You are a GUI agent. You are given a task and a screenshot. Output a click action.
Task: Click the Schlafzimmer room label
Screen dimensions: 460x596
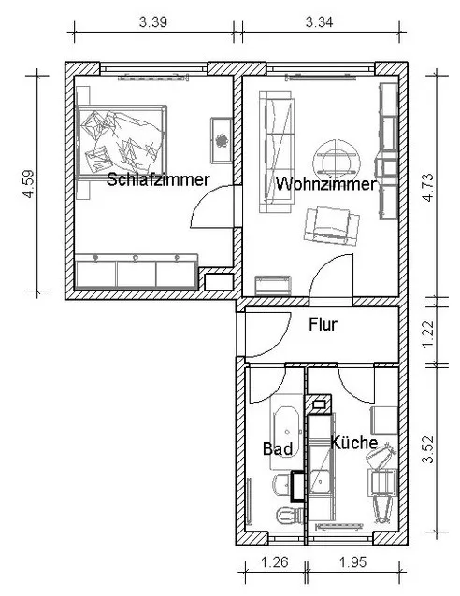point(158,179)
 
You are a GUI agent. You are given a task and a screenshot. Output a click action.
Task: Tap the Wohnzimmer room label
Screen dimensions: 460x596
point(326,184)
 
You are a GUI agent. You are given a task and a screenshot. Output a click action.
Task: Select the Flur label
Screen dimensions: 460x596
point(323,324)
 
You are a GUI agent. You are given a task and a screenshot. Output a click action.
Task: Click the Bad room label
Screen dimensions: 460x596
point(278,449)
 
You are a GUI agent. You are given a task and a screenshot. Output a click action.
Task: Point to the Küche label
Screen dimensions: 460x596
point(353,443)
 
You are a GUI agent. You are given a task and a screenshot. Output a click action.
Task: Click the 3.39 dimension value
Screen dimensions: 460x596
point(153,22)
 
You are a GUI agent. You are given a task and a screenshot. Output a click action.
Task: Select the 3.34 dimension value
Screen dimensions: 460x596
point(319,22)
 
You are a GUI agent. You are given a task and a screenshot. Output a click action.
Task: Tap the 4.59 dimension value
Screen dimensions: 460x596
point(29,184)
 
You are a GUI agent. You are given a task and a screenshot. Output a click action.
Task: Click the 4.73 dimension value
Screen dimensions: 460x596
point(427,187)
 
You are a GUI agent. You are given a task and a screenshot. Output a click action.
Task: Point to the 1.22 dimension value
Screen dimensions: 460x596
point(427,333)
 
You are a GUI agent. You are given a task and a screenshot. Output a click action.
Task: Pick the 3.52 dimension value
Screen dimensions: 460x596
point(427,449)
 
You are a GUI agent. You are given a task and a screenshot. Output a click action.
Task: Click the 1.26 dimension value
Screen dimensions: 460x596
point(275,561)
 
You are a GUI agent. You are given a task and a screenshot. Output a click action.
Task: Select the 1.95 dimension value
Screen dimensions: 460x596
point(352,561)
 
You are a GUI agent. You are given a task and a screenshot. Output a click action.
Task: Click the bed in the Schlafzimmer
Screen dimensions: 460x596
point(122,142)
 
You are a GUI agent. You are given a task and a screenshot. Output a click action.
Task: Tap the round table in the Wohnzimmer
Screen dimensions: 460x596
point(337,160)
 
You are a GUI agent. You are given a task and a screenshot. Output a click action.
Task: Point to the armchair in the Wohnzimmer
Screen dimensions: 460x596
point(332,226)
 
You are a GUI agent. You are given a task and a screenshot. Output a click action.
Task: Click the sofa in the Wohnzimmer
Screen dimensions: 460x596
point(277,151)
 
